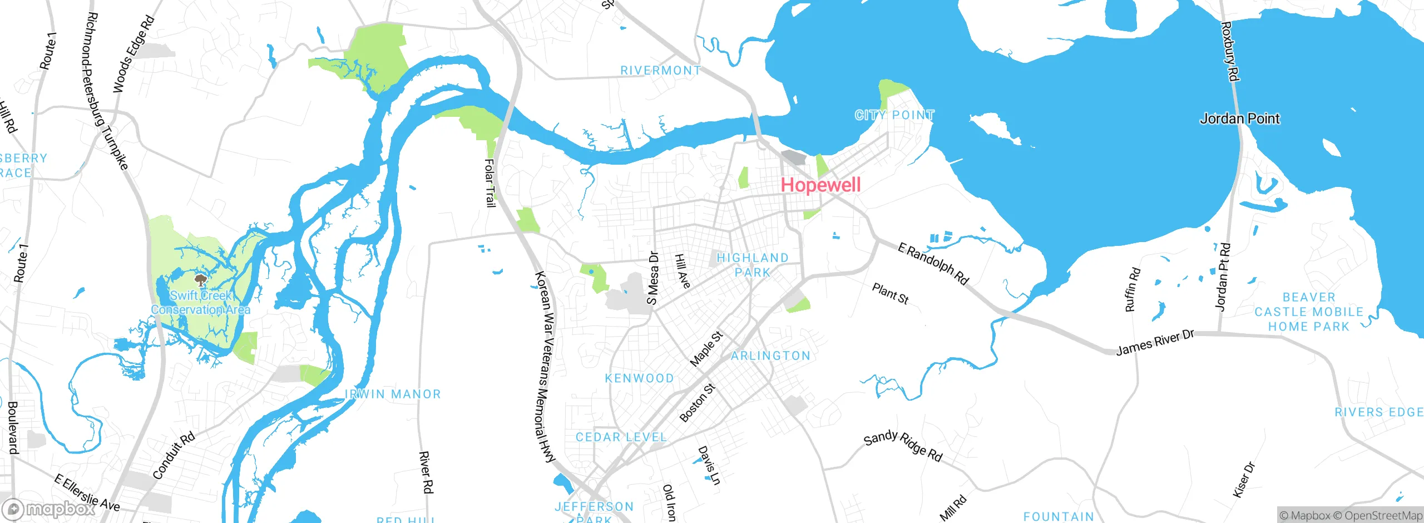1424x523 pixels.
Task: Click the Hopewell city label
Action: point(820,185)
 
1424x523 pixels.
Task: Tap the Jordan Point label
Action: point(1239,119)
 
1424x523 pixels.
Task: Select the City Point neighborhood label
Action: point(894,115)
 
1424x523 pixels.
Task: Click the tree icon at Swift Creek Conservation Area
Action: point(200,280)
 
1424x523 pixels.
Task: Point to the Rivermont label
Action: point(660,71)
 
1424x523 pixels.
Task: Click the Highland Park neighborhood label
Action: point(753,265)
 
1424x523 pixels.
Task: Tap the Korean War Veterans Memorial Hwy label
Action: point(545,367)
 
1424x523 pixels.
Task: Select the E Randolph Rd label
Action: point(933,264)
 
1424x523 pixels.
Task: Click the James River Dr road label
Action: point(1155,342)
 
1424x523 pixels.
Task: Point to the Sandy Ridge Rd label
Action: point(903,446)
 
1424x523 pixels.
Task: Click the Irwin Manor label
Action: point(393,394)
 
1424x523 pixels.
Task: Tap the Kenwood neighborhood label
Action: point(639,378)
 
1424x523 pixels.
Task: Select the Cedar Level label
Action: point(621,437)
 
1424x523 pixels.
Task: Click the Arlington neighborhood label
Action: point(770,356)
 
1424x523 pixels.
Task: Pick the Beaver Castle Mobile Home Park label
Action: point(1308,312)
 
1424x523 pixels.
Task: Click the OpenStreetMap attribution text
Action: point(1383,516)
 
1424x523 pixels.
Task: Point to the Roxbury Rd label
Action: point(1229,51)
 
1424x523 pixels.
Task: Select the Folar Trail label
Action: point(489,183)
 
